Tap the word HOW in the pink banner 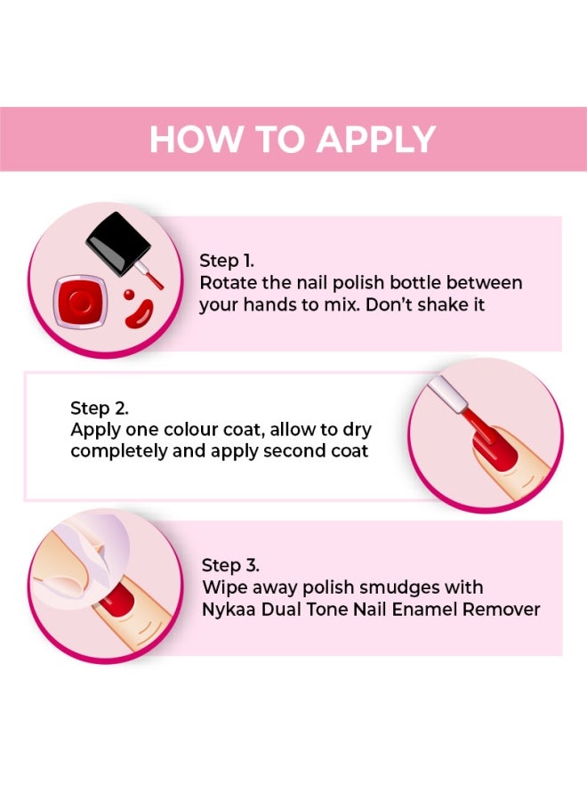coord(184,140)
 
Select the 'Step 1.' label coord(226,261)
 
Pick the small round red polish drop coord(129,294)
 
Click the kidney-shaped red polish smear coord(137,312)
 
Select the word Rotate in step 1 coord(228,283)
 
